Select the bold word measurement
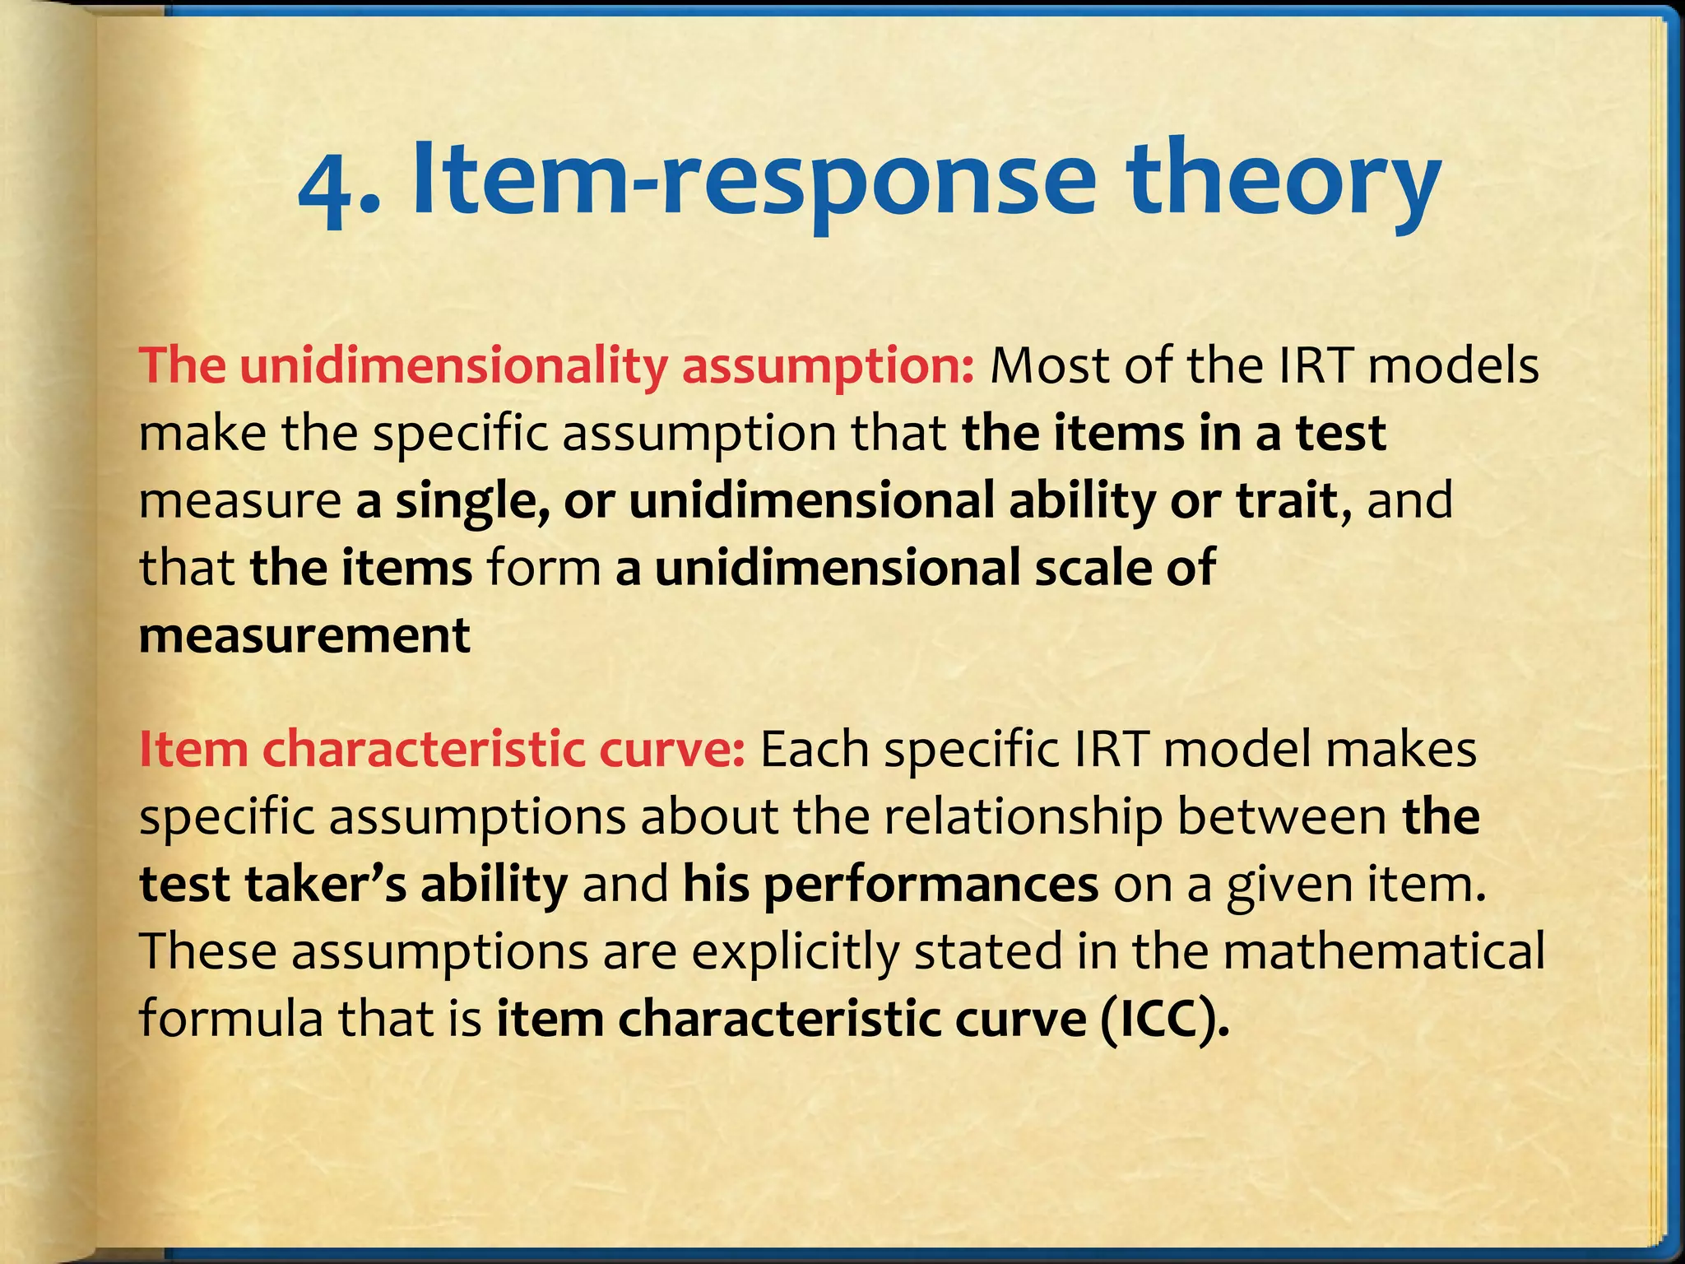(304, 636)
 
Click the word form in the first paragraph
(544, 569)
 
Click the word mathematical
(1383, 952)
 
